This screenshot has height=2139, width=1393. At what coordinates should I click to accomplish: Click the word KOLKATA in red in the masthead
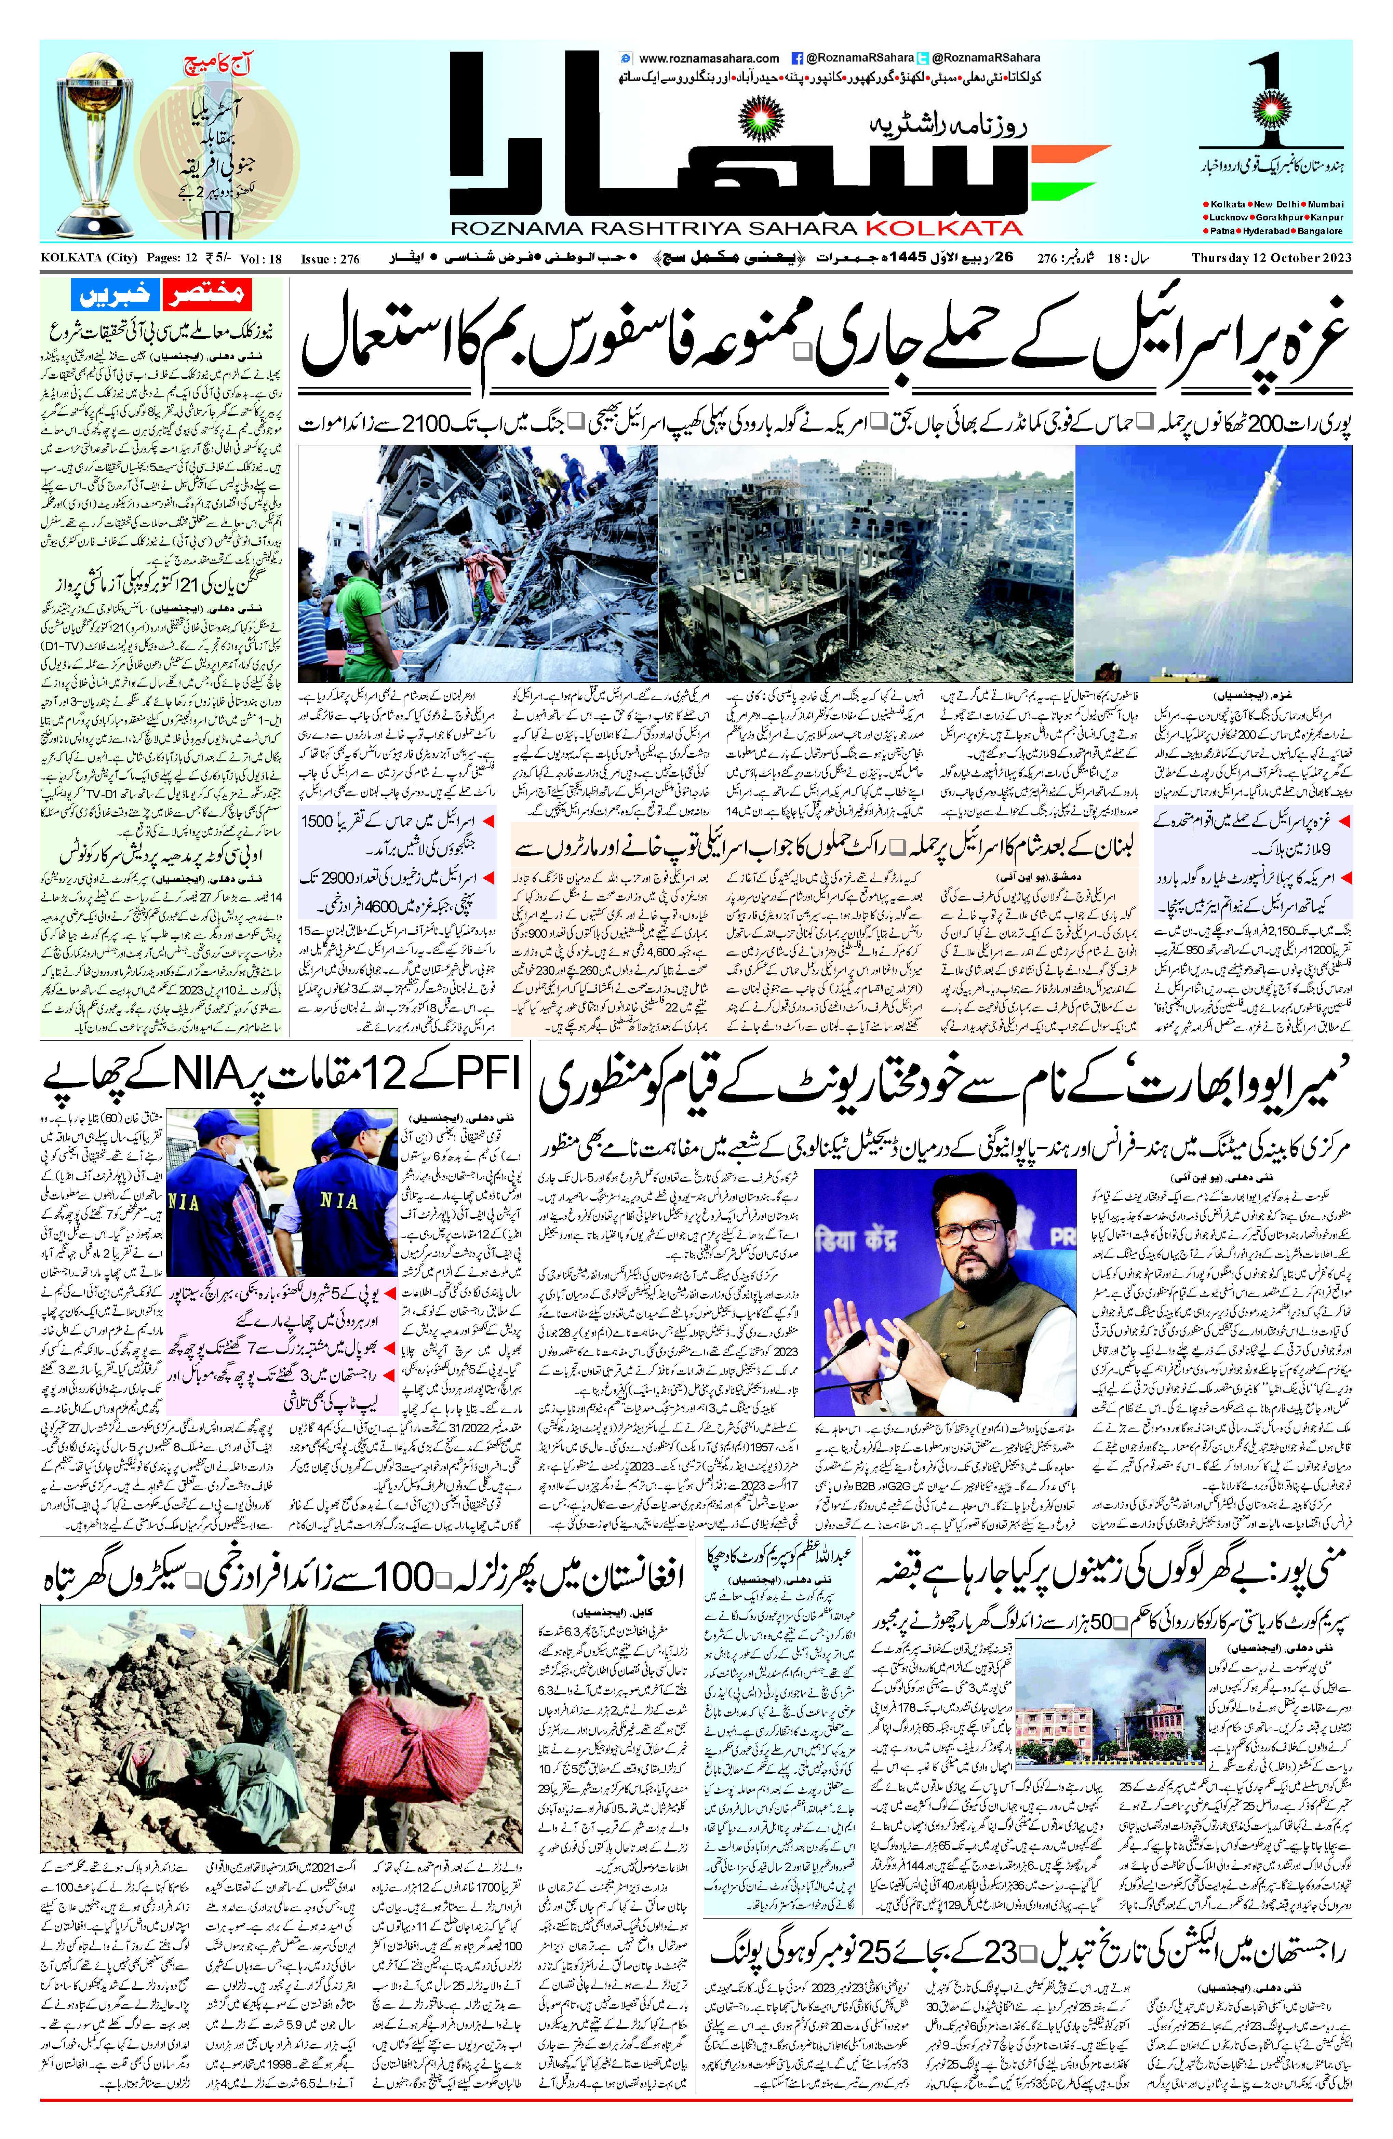pos(951,228)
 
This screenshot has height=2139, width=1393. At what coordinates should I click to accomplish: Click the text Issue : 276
pos(330,259)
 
